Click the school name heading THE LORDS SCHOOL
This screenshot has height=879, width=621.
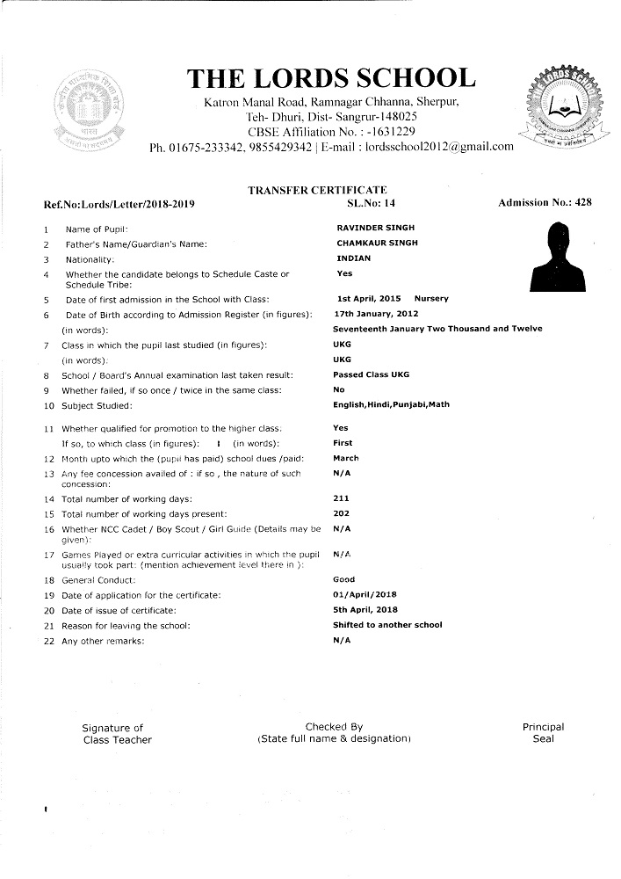331,79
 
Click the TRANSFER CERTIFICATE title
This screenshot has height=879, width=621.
317,190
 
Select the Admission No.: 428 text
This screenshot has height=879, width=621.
545,203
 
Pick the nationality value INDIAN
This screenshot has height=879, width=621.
354,258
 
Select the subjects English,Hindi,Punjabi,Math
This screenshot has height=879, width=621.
391,404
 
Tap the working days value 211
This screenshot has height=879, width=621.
342,498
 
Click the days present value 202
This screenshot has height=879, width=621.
342,512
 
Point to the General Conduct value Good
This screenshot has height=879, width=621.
344,580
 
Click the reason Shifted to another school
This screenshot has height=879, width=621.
387,625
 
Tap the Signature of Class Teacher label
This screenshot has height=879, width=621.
117,734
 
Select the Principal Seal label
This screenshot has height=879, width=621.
543,733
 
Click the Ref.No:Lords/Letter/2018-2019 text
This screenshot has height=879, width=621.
119,204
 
